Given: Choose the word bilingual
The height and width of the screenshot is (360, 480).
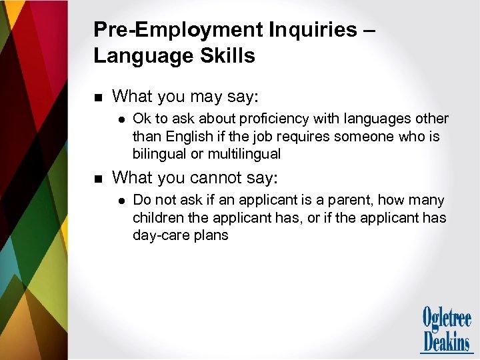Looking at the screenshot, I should [160, 154].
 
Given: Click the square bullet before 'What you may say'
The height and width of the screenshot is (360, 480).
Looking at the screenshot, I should [97, 97].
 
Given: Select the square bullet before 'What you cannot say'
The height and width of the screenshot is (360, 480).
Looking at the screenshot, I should [97, 179].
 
